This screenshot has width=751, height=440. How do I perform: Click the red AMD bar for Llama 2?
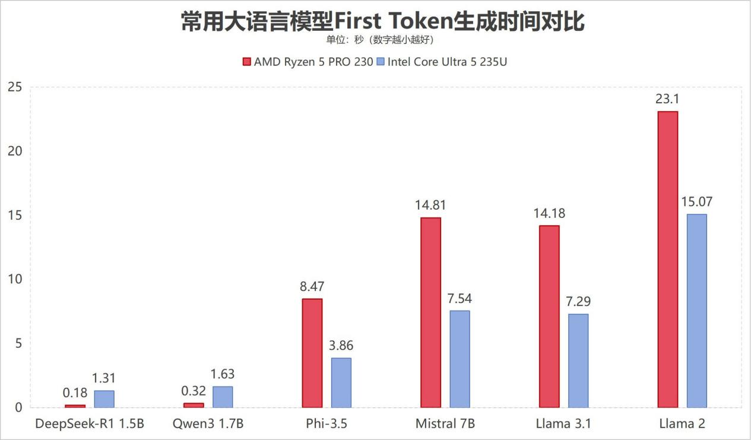point(668,259)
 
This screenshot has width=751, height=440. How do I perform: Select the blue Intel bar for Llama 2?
point(697,311)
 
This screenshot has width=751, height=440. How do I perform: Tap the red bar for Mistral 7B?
point(430,313)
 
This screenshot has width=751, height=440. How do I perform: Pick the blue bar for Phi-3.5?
point(341,383)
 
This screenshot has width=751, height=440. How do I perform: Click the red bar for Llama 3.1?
point(549,316)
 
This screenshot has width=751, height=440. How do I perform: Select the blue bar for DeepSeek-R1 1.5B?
point(104,399)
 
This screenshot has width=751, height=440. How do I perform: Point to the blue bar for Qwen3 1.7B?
point(223,397)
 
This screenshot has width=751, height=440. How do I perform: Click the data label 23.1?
point(667,99)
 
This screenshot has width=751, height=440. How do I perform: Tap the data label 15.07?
point(697,202)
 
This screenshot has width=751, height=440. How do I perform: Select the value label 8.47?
point(312,286)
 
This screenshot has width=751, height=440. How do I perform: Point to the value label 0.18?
point(75,392)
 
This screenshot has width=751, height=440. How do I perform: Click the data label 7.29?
point(578,302)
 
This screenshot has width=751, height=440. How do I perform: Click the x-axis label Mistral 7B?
point(445,424)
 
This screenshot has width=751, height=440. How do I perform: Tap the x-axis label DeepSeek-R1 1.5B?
point(90,424)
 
